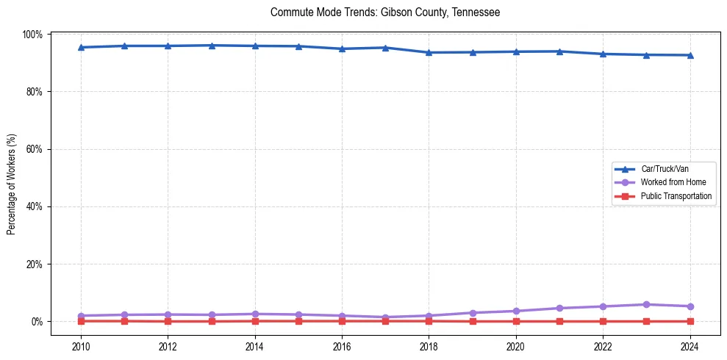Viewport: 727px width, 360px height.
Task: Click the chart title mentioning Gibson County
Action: point(385,12)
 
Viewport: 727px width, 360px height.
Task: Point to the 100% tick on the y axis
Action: point(33,35)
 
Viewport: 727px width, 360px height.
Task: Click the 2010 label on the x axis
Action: point(81,347)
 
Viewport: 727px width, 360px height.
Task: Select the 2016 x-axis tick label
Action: point(342,347)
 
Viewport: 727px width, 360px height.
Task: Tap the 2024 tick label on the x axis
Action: point(690,347)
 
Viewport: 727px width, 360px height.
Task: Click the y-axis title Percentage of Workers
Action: point(12,184)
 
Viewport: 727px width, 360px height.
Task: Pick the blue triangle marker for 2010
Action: point(81,47)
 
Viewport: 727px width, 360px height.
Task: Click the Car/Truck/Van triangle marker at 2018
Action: point(429,52)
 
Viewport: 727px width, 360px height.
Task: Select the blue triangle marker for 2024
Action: point(690,55)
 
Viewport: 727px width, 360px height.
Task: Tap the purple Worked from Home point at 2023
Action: point(646,304)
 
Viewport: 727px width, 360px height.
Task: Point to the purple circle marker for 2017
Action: point(385,317)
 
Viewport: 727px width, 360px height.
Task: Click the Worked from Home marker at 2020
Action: point(516,311)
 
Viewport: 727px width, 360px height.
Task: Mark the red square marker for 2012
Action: point(168,321)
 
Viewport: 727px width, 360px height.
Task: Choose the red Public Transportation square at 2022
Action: point(603,321)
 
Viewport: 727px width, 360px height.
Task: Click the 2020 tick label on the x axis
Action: point(516,347)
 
